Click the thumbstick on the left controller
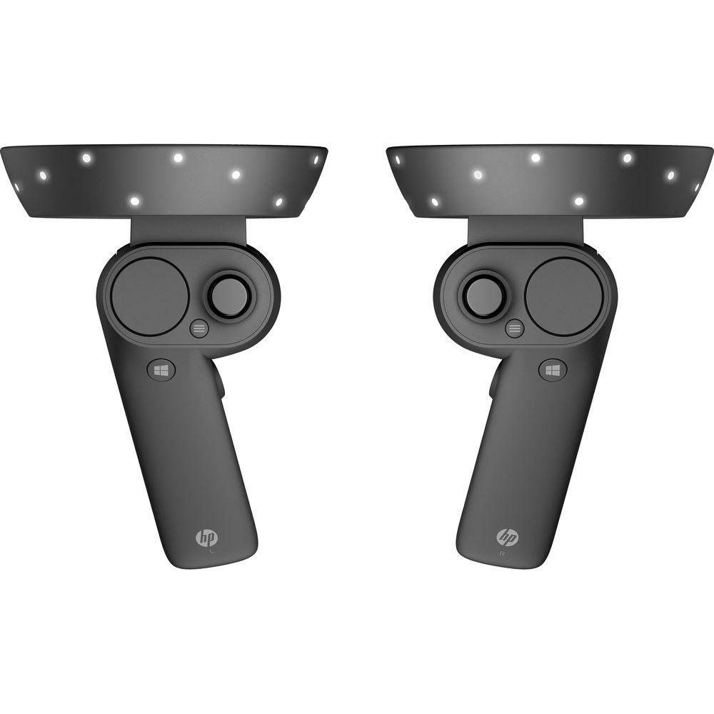pos(229,293)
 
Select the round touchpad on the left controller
pos(151,295)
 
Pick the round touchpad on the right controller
pos(563,295)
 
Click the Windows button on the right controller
pos(552,369)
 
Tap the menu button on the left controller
pos(200,328)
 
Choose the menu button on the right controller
pos(514,328)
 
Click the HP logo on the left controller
pos(206,536)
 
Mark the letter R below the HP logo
pos(503,552)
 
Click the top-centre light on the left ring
pos(178,158)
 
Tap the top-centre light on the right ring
pos(535,158)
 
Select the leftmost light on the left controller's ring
pos(16,186)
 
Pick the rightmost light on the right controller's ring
pos(698,186)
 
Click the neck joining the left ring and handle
pos(189,230)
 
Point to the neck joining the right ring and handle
pos(525,230)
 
